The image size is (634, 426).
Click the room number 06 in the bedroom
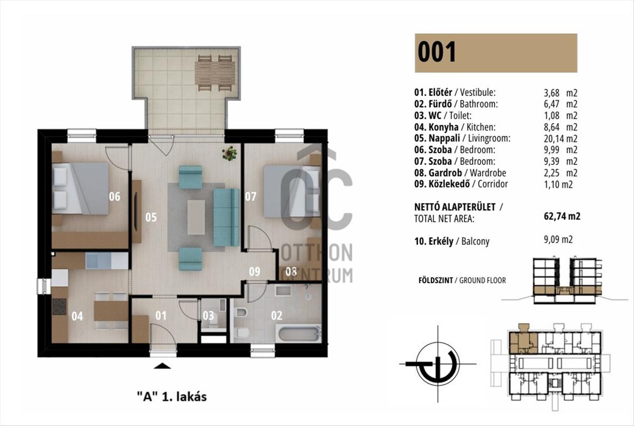click(115, 197)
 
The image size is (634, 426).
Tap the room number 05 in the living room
click(151, 217)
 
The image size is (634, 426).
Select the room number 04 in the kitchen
click(77, 316)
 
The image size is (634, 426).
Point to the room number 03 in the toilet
click(208, 316)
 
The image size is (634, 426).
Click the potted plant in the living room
click(229, 153)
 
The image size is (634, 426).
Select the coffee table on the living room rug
click(196, 217)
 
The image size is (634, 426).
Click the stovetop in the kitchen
click(59, 307)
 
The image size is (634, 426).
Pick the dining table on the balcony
click(215, 73)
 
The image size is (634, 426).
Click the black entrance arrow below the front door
click(163, 366)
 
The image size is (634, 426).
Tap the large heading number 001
click(437, 52)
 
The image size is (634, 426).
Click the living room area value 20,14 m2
click(561, 138)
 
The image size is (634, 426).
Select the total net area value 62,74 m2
click(562, 216)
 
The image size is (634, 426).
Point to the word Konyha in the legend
click(443, 127)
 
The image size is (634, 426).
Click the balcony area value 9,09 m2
click(558, 240)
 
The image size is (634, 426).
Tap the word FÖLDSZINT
click(435, 281)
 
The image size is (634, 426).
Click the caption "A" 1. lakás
click(172, 396)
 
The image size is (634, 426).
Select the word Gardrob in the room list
click(445, 173)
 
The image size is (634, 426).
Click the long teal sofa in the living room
click(226, 217)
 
